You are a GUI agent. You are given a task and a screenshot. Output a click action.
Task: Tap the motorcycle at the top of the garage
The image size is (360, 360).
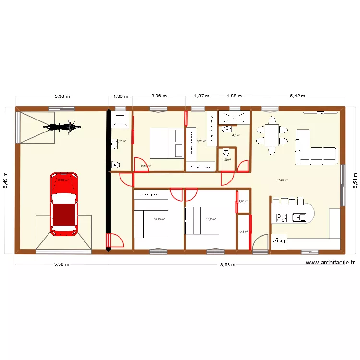click(x=61, y=127)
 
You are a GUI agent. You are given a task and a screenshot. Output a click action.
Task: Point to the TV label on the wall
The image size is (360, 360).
click(x=320, y=113)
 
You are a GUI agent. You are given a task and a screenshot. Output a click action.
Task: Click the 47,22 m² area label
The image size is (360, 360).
click(x=282, y=180)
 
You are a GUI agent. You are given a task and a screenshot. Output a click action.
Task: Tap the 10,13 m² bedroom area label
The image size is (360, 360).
click(x=159, y=219)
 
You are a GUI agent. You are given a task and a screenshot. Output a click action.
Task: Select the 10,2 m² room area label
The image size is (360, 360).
click(x=211, y=219)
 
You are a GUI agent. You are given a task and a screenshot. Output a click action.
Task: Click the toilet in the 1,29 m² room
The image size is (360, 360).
click(x=226, y=154)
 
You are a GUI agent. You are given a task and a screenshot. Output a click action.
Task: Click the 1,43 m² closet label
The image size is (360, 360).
click(x=243, y=232)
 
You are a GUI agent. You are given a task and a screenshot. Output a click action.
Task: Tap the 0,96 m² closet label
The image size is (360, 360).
click(x=243, y=201)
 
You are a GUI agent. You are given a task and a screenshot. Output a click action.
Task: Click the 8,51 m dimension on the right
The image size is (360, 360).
click(x=355, y=179)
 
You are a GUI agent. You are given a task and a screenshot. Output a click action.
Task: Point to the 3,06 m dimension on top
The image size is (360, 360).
click(x=159, y=96)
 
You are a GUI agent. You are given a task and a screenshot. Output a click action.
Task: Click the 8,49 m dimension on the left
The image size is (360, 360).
click(x=6, y=179)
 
